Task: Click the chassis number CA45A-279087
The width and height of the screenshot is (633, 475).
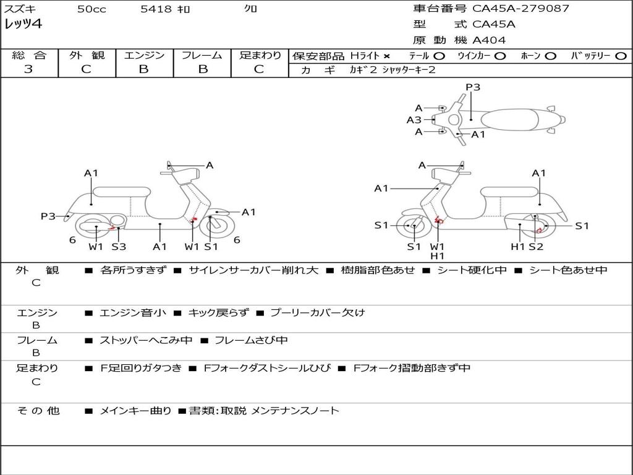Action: [521, 9]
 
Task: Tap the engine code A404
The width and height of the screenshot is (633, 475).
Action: [489, 40]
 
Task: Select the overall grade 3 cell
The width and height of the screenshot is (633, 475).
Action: [28, 69]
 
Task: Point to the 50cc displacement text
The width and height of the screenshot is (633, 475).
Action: [91, 9]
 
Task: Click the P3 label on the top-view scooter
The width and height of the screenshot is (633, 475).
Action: [473, 87]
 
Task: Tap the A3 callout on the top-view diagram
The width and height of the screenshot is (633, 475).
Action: [414, 120]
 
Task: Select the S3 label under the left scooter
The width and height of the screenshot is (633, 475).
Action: [119, 247]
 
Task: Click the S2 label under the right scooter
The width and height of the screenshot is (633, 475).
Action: [535, 247]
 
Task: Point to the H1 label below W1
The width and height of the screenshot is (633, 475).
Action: [438, 256]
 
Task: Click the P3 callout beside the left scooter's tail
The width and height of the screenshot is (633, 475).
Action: [48, 216]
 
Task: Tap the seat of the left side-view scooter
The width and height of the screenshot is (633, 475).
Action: [121, 191]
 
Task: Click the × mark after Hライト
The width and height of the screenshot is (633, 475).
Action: [387, 56]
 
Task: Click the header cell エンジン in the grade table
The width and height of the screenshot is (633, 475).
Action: [144, 56]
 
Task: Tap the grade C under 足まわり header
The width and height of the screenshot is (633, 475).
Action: [259, 69]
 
